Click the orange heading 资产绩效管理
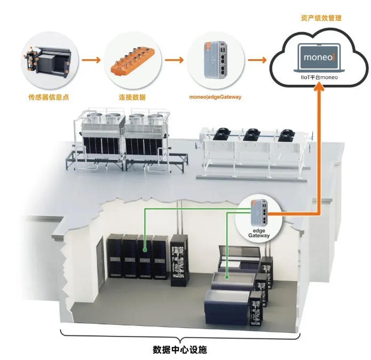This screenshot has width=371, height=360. pos(321,18)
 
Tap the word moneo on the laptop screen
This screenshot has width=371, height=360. pos(318,57)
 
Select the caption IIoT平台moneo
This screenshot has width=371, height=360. pos(319,77)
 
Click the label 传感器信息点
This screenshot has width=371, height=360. pos(49,97)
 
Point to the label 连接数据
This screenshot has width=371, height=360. pos(132,97)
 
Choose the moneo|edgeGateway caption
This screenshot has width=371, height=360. pos(215,97)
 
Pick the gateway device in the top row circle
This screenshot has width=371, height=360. pos(215,60)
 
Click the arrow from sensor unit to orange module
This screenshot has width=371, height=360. pos(91,60)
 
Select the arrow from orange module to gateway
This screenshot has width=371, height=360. pos(174,60)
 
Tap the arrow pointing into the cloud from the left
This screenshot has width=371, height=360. pos(257,60)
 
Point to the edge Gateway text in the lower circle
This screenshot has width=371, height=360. pos(259,233)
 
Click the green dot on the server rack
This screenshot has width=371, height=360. pos(145,250)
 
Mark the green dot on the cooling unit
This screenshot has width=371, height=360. pos(227,277)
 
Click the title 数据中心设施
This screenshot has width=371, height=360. pos(180,349)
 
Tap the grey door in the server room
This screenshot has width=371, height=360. pos(100,263)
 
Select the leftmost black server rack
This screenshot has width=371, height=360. pos(115,255)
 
